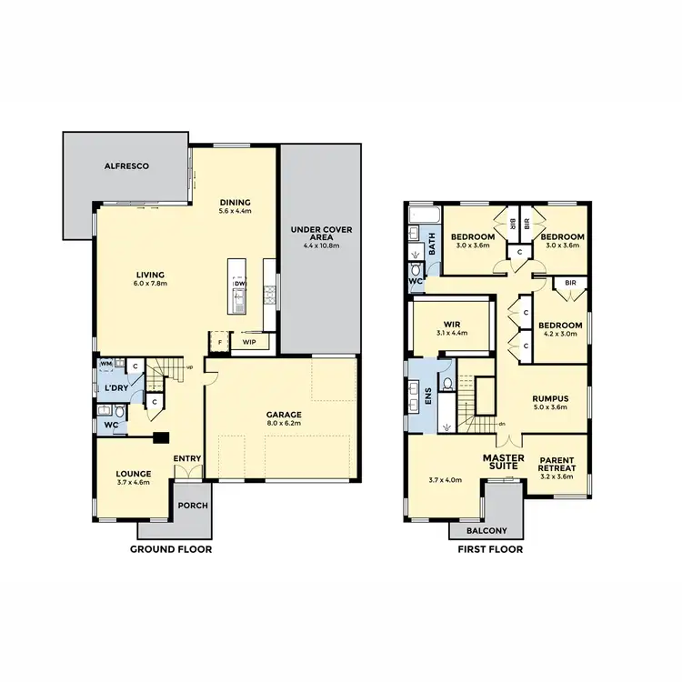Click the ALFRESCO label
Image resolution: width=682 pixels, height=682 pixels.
click(x=125, y=166)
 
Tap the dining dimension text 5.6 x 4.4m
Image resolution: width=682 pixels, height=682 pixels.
click(x=235, y=211)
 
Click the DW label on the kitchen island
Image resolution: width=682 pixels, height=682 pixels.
click(x=240, y=284)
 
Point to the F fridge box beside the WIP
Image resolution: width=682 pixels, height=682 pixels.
click(x=218, y=343)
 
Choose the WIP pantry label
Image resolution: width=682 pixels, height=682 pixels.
click(x=248, y=343)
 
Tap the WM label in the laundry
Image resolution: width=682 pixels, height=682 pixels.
click(x=105, y=365)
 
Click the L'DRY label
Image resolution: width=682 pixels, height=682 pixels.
click(x=115, y=388)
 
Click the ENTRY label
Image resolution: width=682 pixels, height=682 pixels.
click(x=188, y=457)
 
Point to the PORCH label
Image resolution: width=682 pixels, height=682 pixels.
click(x=192, y=506)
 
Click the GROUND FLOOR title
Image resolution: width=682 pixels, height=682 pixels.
click(x=171, y=549)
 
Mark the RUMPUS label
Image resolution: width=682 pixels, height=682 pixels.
click(x=549, y=398)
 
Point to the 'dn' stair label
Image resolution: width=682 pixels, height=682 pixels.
click(x=502, y=424)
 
